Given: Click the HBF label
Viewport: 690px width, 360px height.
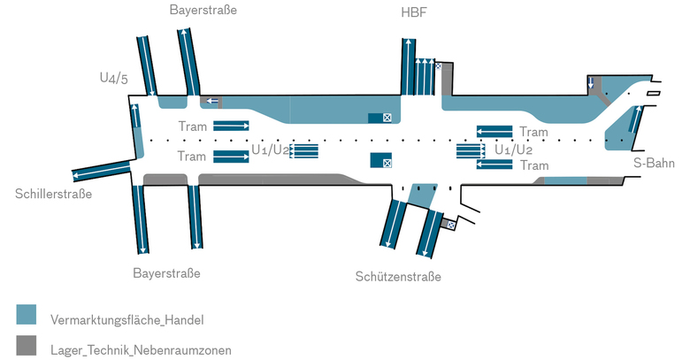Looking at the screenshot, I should tap(413, 11).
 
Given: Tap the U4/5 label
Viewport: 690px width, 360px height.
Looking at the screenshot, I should tap(113, 79).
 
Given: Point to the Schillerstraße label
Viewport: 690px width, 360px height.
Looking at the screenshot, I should tap(53, 195).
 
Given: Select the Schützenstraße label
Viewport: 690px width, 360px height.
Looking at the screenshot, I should tap(398, 277).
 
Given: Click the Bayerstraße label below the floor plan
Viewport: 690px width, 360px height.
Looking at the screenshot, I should tap(166, 273).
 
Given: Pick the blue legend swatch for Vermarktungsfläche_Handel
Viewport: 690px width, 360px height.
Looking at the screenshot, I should tap(27, 315).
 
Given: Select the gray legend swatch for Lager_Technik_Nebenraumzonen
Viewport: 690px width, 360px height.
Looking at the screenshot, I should tap(27, 346).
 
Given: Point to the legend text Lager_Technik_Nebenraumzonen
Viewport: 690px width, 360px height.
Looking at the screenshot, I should tap(141, 350).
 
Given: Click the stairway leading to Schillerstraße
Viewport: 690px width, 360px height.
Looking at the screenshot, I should tap(100, 171).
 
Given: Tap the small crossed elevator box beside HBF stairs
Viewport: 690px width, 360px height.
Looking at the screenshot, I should tap(437, 65).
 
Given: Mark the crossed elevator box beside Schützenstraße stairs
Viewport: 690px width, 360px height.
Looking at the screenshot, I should tap(451, 226).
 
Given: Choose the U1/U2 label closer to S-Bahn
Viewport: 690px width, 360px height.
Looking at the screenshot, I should tap(514, 149).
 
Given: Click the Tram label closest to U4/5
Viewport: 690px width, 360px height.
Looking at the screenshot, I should tap(192, 126).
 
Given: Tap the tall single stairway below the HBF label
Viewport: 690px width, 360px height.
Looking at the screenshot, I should tap(407, 66).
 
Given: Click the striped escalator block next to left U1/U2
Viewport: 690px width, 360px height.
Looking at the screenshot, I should tap(304, 150).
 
